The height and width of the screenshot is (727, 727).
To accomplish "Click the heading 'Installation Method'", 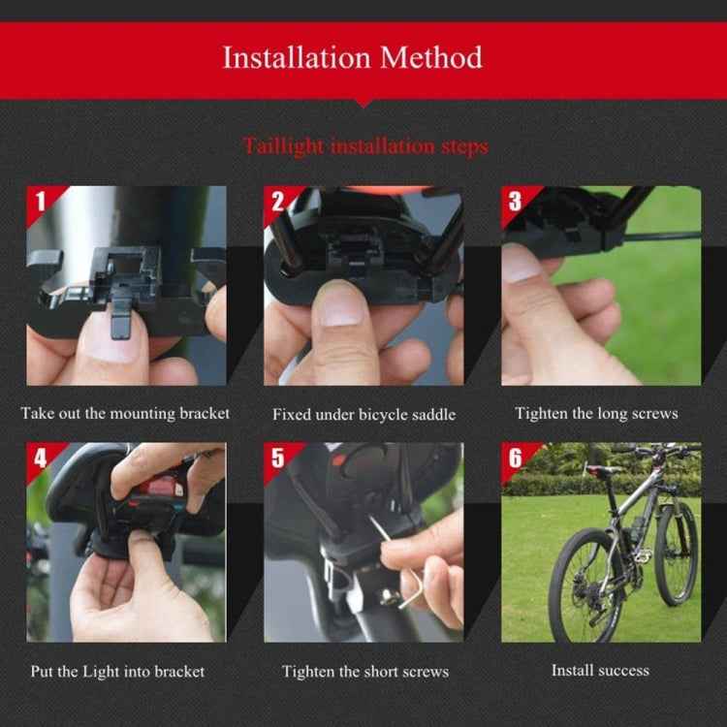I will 352,57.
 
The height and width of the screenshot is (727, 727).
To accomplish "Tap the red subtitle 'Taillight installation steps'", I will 364,146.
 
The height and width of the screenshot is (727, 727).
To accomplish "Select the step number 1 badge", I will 41,203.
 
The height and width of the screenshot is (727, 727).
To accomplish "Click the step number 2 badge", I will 278,203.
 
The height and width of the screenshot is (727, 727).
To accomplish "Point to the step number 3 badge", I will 515,202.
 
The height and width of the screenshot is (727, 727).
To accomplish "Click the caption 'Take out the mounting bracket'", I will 125,413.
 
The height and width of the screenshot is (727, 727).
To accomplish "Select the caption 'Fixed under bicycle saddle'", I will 363,414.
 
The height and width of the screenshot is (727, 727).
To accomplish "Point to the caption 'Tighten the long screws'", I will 596,413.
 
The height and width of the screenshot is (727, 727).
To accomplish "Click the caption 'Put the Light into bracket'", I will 117,671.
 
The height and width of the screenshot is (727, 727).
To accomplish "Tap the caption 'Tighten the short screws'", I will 365,671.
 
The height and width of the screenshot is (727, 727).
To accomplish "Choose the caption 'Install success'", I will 600,670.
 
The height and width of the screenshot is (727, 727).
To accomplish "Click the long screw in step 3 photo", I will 659,236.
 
